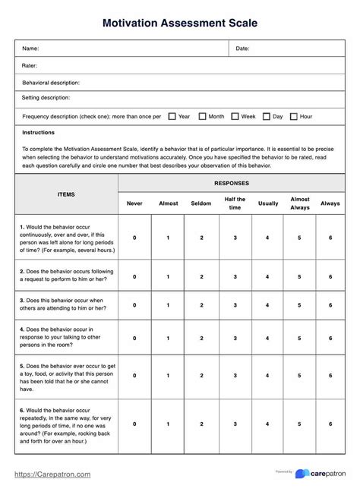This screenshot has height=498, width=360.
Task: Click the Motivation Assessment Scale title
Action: tap(180, 23)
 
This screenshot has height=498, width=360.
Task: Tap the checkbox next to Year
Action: tap(172, 116)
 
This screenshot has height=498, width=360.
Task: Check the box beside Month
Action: tap(203, 116)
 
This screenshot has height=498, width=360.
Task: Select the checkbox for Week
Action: tap(235, 116)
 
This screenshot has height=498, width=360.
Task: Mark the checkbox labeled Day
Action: tap(267, 116)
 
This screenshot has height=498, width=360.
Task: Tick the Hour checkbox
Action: tap(294, 116)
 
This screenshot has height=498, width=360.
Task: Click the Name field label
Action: tap(30, 49)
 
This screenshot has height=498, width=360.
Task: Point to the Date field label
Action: tap(242, 49)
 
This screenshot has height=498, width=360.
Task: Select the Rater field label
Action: tap(30, 65)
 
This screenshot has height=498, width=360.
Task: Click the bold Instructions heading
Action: tap(39, 132)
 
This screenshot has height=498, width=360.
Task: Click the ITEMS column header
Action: tap(66, 194)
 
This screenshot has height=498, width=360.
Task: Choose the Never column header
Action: tap(134, 203)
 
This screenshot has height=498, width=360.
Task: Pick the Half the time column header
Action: tap(235, 203)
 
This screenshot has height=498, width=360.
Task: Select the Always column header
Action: tap(330, 203)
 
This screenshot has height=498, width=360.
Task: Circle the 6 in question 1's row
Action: tap(330, 238)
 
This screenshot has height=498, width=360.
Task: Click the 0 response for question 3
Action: tap(134, 304)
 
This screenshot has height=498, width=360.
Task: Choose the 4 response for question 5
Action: tap(267, 375)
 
